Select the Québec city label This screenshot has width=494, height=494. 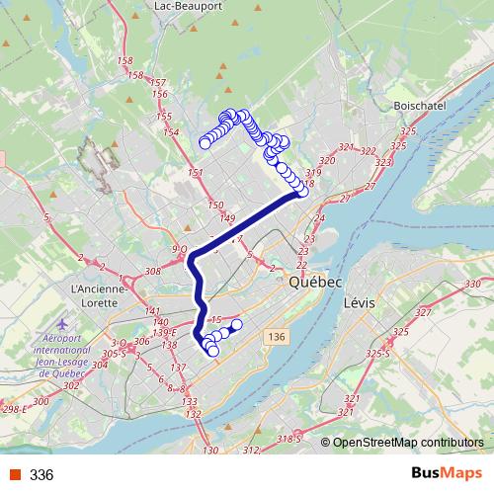(315, 283)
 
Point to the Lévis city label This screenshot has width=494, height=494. (361, 302)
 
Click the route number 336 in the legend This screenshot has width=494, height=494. (41, 474)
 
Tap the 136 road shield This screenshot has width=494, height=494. (276, 338)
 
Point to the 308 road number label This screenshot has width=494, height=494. (152, 271)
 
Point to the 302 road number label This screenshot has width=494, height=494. (70, 386)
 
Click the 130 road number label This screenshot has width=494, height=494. (209, 452)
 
